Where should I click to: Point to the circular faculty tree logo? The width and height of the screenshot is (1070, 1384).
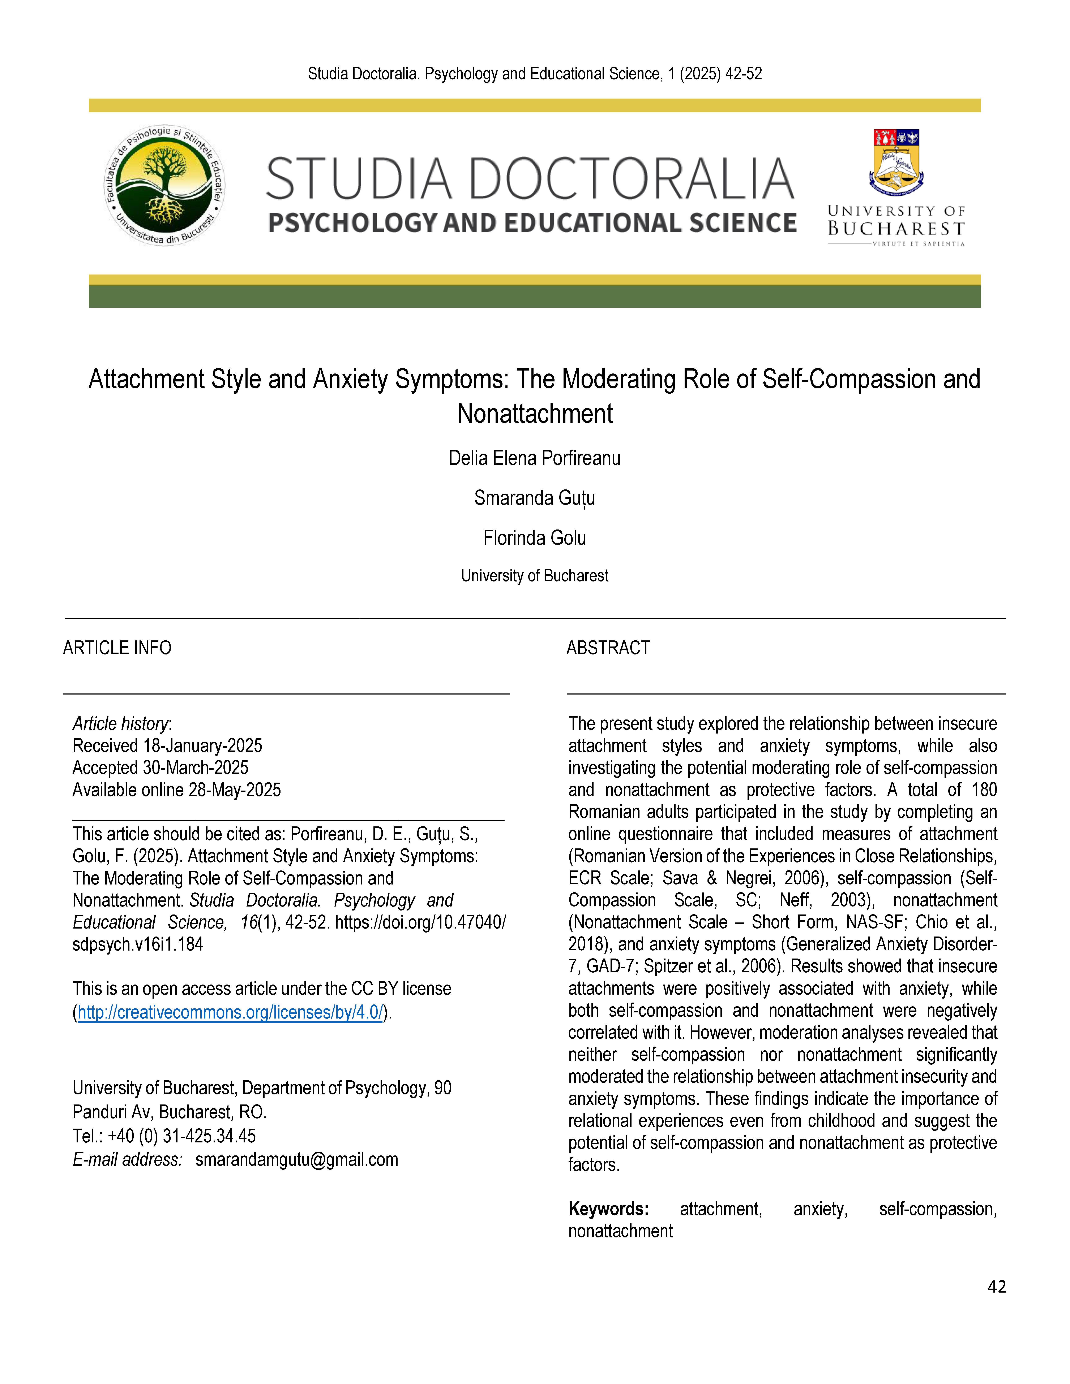[x=164, y=185]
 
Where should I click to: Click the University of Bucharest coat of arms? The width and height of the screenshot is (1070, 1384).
[x=896, y=162]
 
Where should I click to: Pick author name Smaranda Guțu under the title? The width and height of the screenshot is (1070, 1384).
[x=534, y=498]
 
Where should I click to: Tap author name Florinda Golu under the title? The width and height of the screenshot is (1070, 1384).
[x=534, y=538]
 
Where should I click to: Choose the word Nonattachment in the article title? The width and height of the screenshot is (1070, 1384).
[x=534, y=414]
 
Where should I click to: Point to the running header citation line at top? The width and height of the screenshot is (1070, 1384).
[x=534, y=74]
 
